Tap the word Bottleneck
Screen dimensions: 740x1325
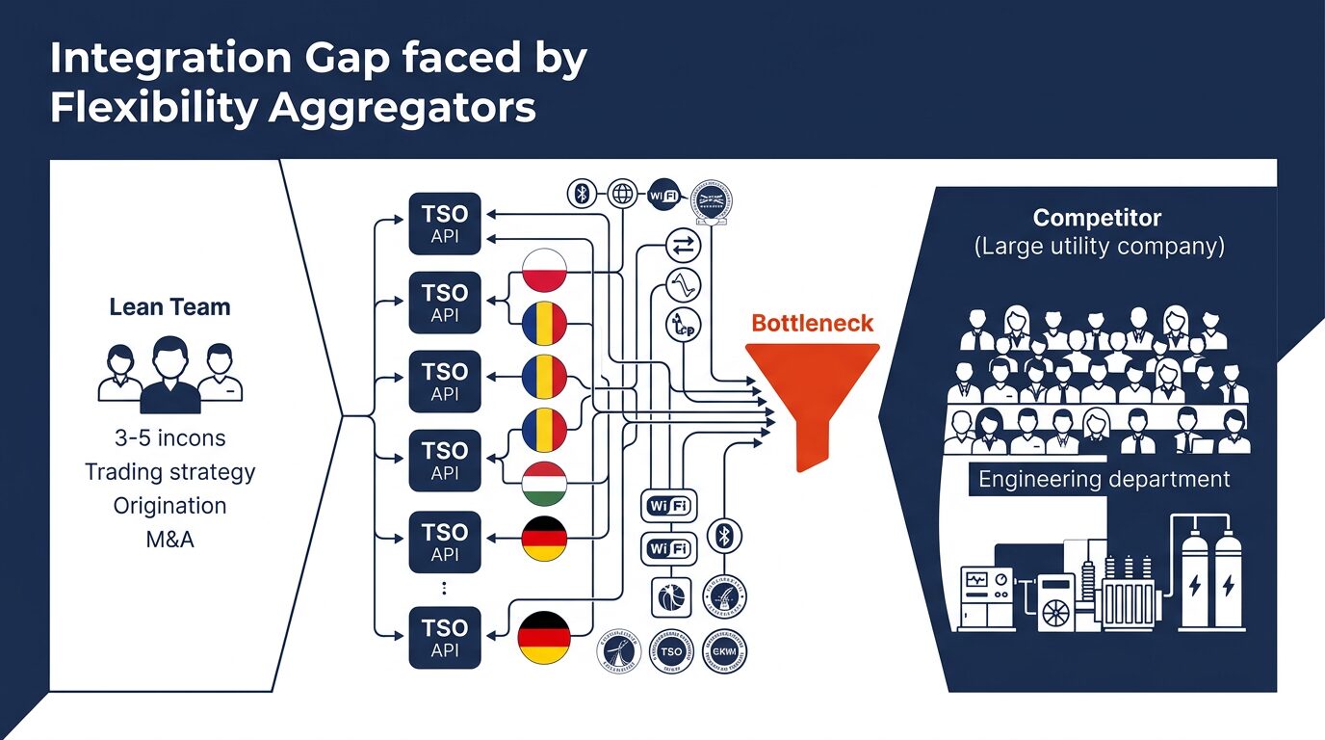812,323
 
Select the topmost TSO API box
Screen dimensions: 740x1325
445,225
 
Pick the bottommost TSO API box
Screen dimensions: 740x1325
445,638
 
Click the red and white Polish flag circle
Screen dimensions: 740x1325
545,270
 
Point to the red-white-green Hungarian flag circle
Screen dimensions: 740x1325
545,484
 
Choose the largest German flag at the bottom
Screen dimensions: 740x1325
545,638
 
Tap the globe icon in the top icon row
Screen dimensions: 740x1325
623,194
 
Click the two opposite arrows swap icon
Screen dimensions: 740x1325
682,247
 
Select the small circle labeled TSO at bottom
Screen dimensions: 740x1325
671,651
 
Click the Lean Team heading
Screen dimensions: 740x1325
169,307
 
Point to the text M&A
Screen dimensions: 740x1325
169,540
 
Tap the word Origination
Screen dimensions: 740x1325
169,506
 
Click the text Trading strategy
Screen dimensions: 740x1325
169,472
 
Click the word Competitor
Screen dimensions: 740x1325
1097,218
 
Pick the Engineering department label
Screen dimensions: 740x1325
1104,479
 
